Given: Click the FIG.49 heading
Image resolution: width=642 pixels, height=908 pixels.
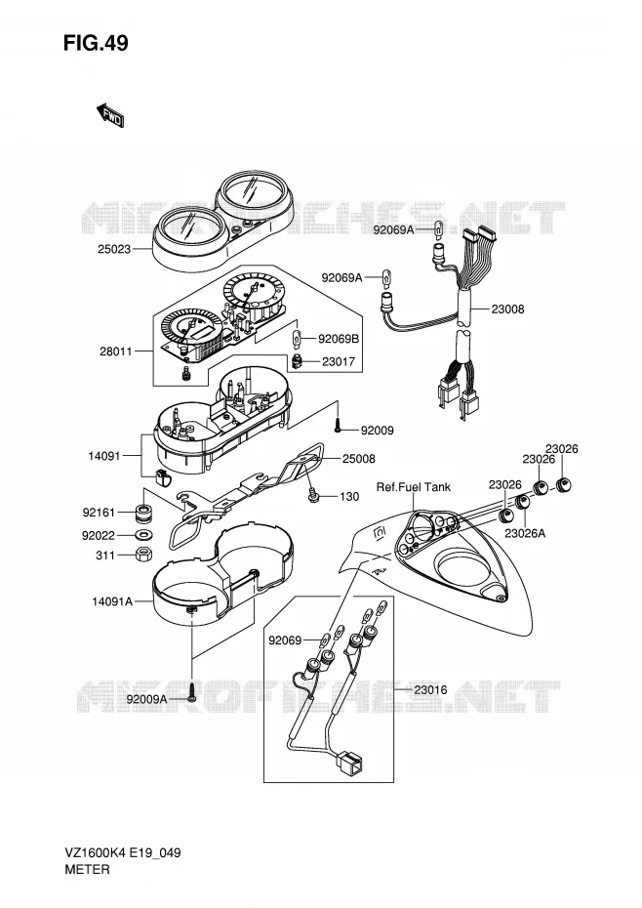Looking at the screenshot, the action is [x=96, y=43].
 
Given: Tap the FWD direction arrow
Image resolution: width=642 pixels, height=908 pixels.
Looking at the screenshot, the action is [x=110, y=115].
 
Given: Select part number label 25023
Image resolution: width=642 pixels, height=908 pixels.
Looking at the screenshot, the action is [x=114, y=250].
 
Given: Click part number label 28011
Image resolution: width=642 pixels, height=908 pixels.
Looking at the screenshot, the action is [x=116, y=351].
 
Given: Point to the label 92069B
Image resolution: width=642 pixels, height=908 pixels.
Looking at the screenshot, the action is [x=339, y=339].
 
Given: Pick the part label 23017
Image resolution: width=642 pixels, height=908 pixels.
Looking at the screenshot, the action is [x=339, y=362].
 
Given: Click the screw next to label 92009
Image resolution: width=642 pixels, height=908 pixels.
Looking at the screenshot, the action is [x=338, y=428].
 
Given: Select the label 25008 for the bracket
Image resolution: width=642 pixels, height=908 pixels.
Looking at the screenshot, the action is [x=359, y=459].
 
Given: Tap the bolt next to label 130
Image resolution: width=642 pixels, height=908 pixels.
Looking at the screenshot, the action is [x=314, y=496].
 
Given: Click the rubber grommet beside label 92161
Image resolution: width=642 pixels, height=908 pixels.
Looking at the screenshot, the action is [x=143, y=513].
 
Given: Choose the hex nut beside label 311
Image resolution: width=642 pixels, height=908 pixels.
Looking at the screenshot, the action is [x=143, y=555].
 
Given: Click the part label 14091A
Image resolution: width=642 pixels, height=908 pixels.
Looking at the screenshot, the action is [x=112, y=601].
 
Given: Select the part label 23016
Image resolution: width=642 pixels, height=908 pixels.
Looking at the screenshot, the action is [x=430, y=689].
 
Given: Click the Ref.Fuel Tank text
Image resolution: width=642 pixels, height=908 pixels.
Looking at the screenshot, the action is [x=414, y=487].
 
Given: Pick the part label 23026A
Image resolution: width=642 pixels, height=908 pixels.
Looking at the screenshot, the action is [x=525, y=533].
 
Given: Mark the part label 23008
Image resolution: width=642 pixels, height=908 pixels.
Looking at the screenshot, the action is [x=507, y=310].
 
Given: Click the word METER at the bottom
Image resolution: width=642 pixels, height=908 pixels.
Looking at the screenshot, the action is [x=87, y=869].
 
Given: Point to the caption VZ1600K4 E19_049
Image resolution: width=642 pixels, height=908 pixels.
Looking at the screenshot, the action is [x=122, y=853].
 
